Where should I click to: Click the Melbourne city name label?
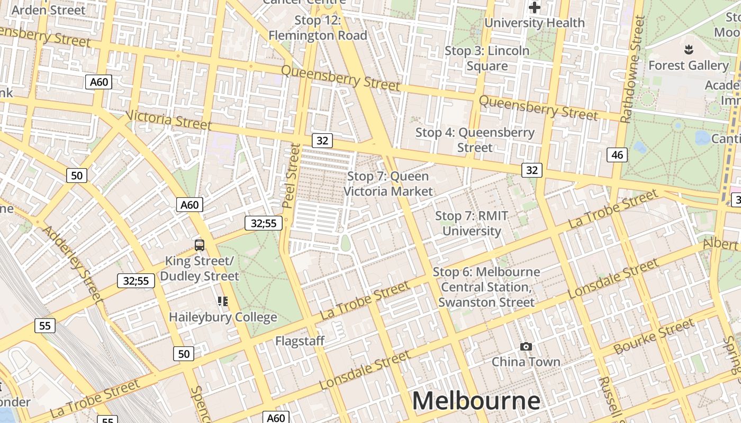click(x=476, y=401)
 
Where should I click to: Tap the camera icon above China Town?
click(x=526, y=346)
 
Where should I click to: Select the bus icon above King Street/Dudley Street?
click(x=200, y=245)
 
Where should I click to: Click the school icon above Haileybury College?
click(x=223, y=301)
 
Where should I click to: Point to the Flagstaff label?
click(x=300, y=341)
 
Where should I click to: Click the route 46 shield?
click(x=617, y=154)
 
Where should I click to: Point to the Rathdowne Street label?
click(x=633, y=69)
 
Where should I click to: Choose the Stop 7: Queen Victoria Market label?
click(x=388, y=183)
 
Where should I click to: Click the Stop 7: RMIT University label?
click(x=472, y=223)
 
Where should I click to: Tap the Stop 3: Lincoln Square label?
click(x=487, y=58)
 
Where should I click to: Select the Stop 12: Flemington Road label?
click(x=318, y=28)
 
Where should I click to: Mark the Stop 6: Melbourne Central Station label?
click(x=486, y=287)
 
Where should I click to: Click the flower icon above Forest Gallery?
click(x=689, y=50)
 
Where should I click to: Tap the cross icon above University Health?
click(x=535, y=7)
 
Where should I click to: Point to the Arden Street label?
click(x=48, y=10)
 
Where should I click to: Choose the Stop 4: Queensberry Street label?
click(x=475, y=140)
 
